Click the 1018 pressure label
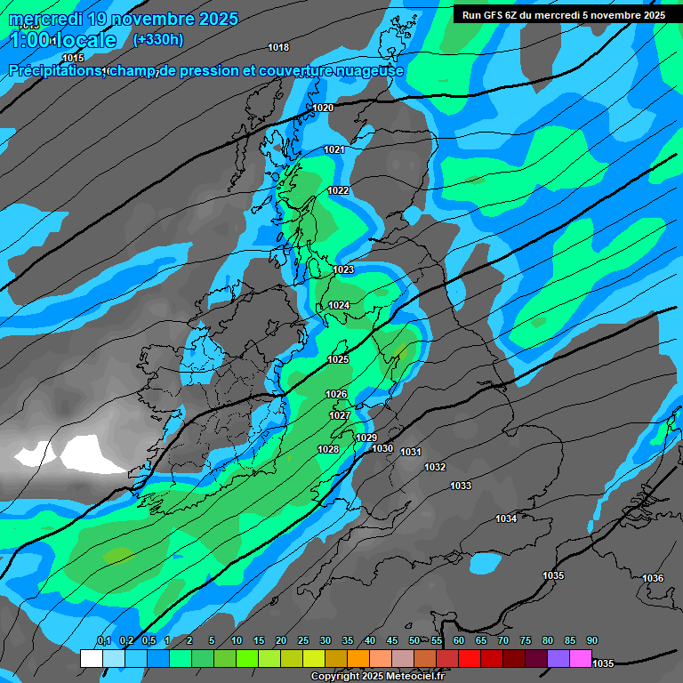[278, 47]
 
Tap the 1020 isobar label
[323, 108]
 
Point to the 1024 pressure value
[339, 305]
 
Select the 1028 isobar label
[328, 449]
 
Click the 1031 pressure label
[410, 452]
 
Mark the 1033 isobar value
[461, 486]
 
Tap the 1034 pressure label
[506, 518]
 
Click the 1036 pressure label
[653, 578]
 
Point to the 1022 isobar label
[338, 190]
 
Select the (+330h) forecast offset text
[158, 39]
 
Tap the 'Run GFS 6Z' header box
[564, 14]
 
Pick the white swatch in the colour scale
[91, 658]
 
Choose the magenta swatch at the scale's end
[581, 658]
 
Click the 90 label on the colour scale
[592, 640]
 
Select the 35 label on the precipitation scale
[348, 640]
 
